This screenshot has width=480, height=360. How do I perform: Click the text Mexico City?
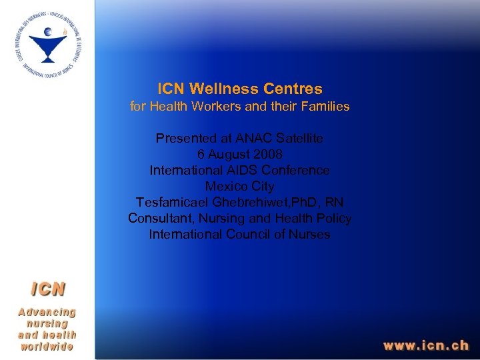239,187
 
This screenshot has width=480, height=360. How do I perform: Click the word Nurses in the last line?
311,235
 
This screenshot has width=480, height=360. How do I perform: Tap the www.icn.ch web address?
425,345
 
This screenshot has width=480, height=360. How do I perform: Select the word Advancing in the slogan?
47,312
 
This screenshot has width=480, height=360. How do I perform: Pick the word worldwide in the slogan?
47,347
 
